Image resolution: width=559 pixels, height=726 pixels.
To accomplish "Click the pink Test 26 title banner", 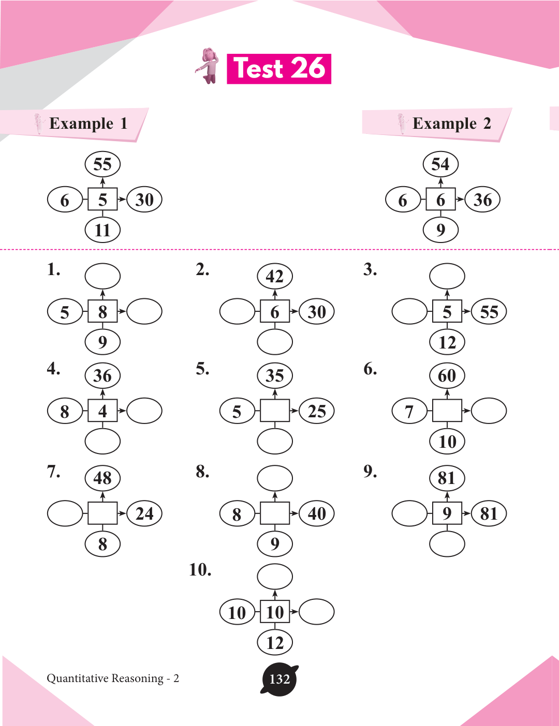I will (x=279, y=69).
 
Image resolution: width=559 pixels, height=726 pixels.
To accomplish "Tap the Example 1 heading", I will (x=88, y=124).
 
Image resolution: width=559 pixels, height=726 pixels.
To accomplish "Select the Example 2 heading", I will (x=451, y=124).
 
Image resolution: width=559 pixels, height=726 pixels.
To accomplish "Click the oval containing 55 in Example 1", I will (x=102, y=164).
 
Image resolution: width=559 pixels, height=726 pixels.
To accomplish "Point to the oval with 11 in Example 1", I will (x=102, y=230).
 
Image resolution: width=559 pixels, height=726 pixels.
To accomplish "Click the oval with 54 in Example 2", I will (x=440, y=164).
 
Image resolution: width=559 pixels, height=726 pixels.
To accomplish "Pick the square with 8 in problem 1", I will (x=102, y=312).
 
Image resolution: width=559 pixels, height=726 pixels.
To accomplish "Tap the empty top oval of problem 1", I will (x=102, y=276).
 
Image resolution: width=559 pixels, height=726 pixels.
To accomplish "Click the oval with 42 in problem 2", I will (x=275, y=277).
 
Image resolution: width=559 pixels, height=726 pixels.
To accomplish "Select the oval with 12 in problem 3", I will (x=447, y=342).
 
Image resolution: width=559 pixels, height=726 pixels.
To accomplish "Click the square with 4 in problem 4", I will (x=102, y=411).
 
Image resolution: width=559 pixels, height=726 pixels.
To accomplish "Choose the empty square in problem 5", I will (x=275, y=411).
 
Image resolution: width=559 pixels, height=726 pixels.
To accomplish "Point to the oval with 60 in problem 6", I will (x=447, y=375).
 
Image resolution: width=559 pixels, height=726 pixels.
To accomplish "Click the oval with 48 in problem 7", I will (x=102, y=478).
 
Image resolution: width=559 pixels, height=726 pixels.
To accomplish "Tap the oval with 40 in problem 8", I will (x=317, y=513).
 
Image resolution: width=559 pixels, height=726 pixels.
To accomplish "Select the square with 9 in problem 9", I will (x=447, y=513).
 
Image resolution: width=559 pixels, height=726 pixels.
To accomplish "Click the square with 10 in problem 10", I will (x=275, y=612).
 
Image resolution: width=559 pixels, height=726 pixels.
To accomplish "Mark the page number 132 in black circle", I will (x=279, y=679).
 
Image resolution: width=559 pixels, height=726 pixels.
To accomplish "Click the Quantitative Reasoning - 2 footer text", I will (x=113, y=678).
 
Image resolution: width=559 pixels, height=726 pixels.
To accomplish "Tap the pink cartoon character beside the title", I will (x=209, y=66).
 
